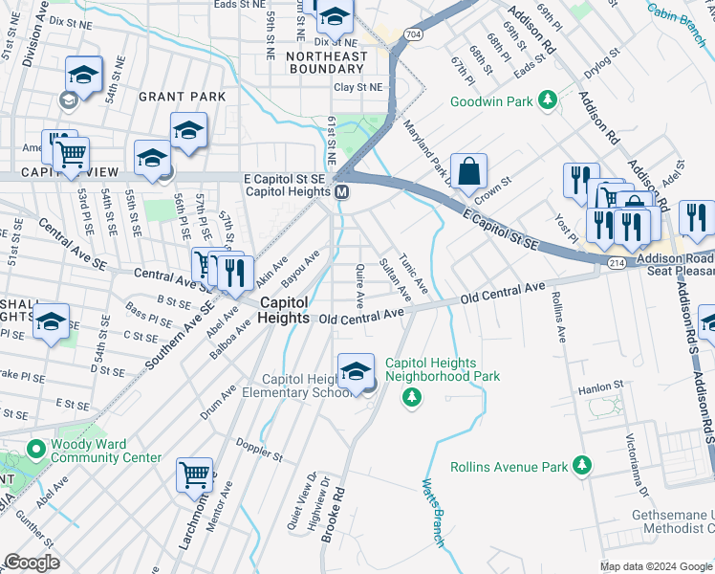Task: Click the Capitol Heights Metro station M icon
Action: click(x=341, y=192)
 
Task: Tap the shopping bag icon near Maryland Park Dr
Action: click(x=468, y=172)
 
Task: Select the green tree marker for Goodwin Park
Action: click(x=548, y=99)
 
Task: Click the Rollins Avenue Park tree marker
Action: click(x=580, y=466)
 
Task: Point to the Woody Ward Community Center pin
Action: click(x=35, y=449)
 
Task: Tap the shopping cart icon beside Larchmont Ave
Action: click(x=195, y=474)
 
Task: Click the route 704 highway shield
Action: click(x=412, y=34)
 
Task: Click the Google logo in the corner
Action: click(x=32, y=563)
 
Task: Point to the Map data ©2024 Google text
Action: click(x=656, y=566)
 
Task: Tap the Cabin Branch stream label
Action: click(x=680, y=12)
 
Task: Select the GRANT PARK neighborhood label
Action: click(x=182, y=97)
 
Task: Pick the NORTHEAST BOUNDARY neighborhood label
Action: click(x=326, y=62)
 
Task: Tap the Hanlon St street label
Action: click(x=600, y=390)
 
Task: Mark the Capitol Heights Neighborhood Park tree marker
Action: click(x=412, y=395)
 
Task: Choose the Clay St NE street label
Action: click(x=357, y=87)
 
